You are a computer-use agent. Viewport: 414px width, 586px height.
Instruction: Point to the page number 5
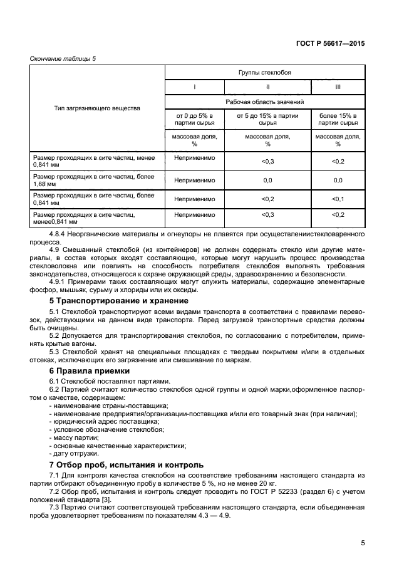[363, 543]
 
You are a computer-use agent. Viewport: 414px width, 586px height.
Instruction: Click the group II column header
[267, 87]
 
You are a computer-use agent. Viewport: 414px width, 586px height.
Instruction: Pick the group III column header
[338, 87]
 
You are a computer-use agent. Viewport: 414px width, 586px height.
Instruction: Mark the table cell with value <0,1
[338, 199]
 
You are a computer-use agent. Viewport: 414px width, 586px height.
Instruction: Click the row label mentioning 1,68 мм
[93, 181]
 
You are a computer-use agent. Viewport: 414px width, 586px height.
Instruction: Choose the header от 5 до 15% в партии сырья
[267, 120]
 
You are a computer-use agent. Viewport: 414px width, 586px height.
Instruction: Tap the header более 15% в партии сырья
[338, 120]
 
